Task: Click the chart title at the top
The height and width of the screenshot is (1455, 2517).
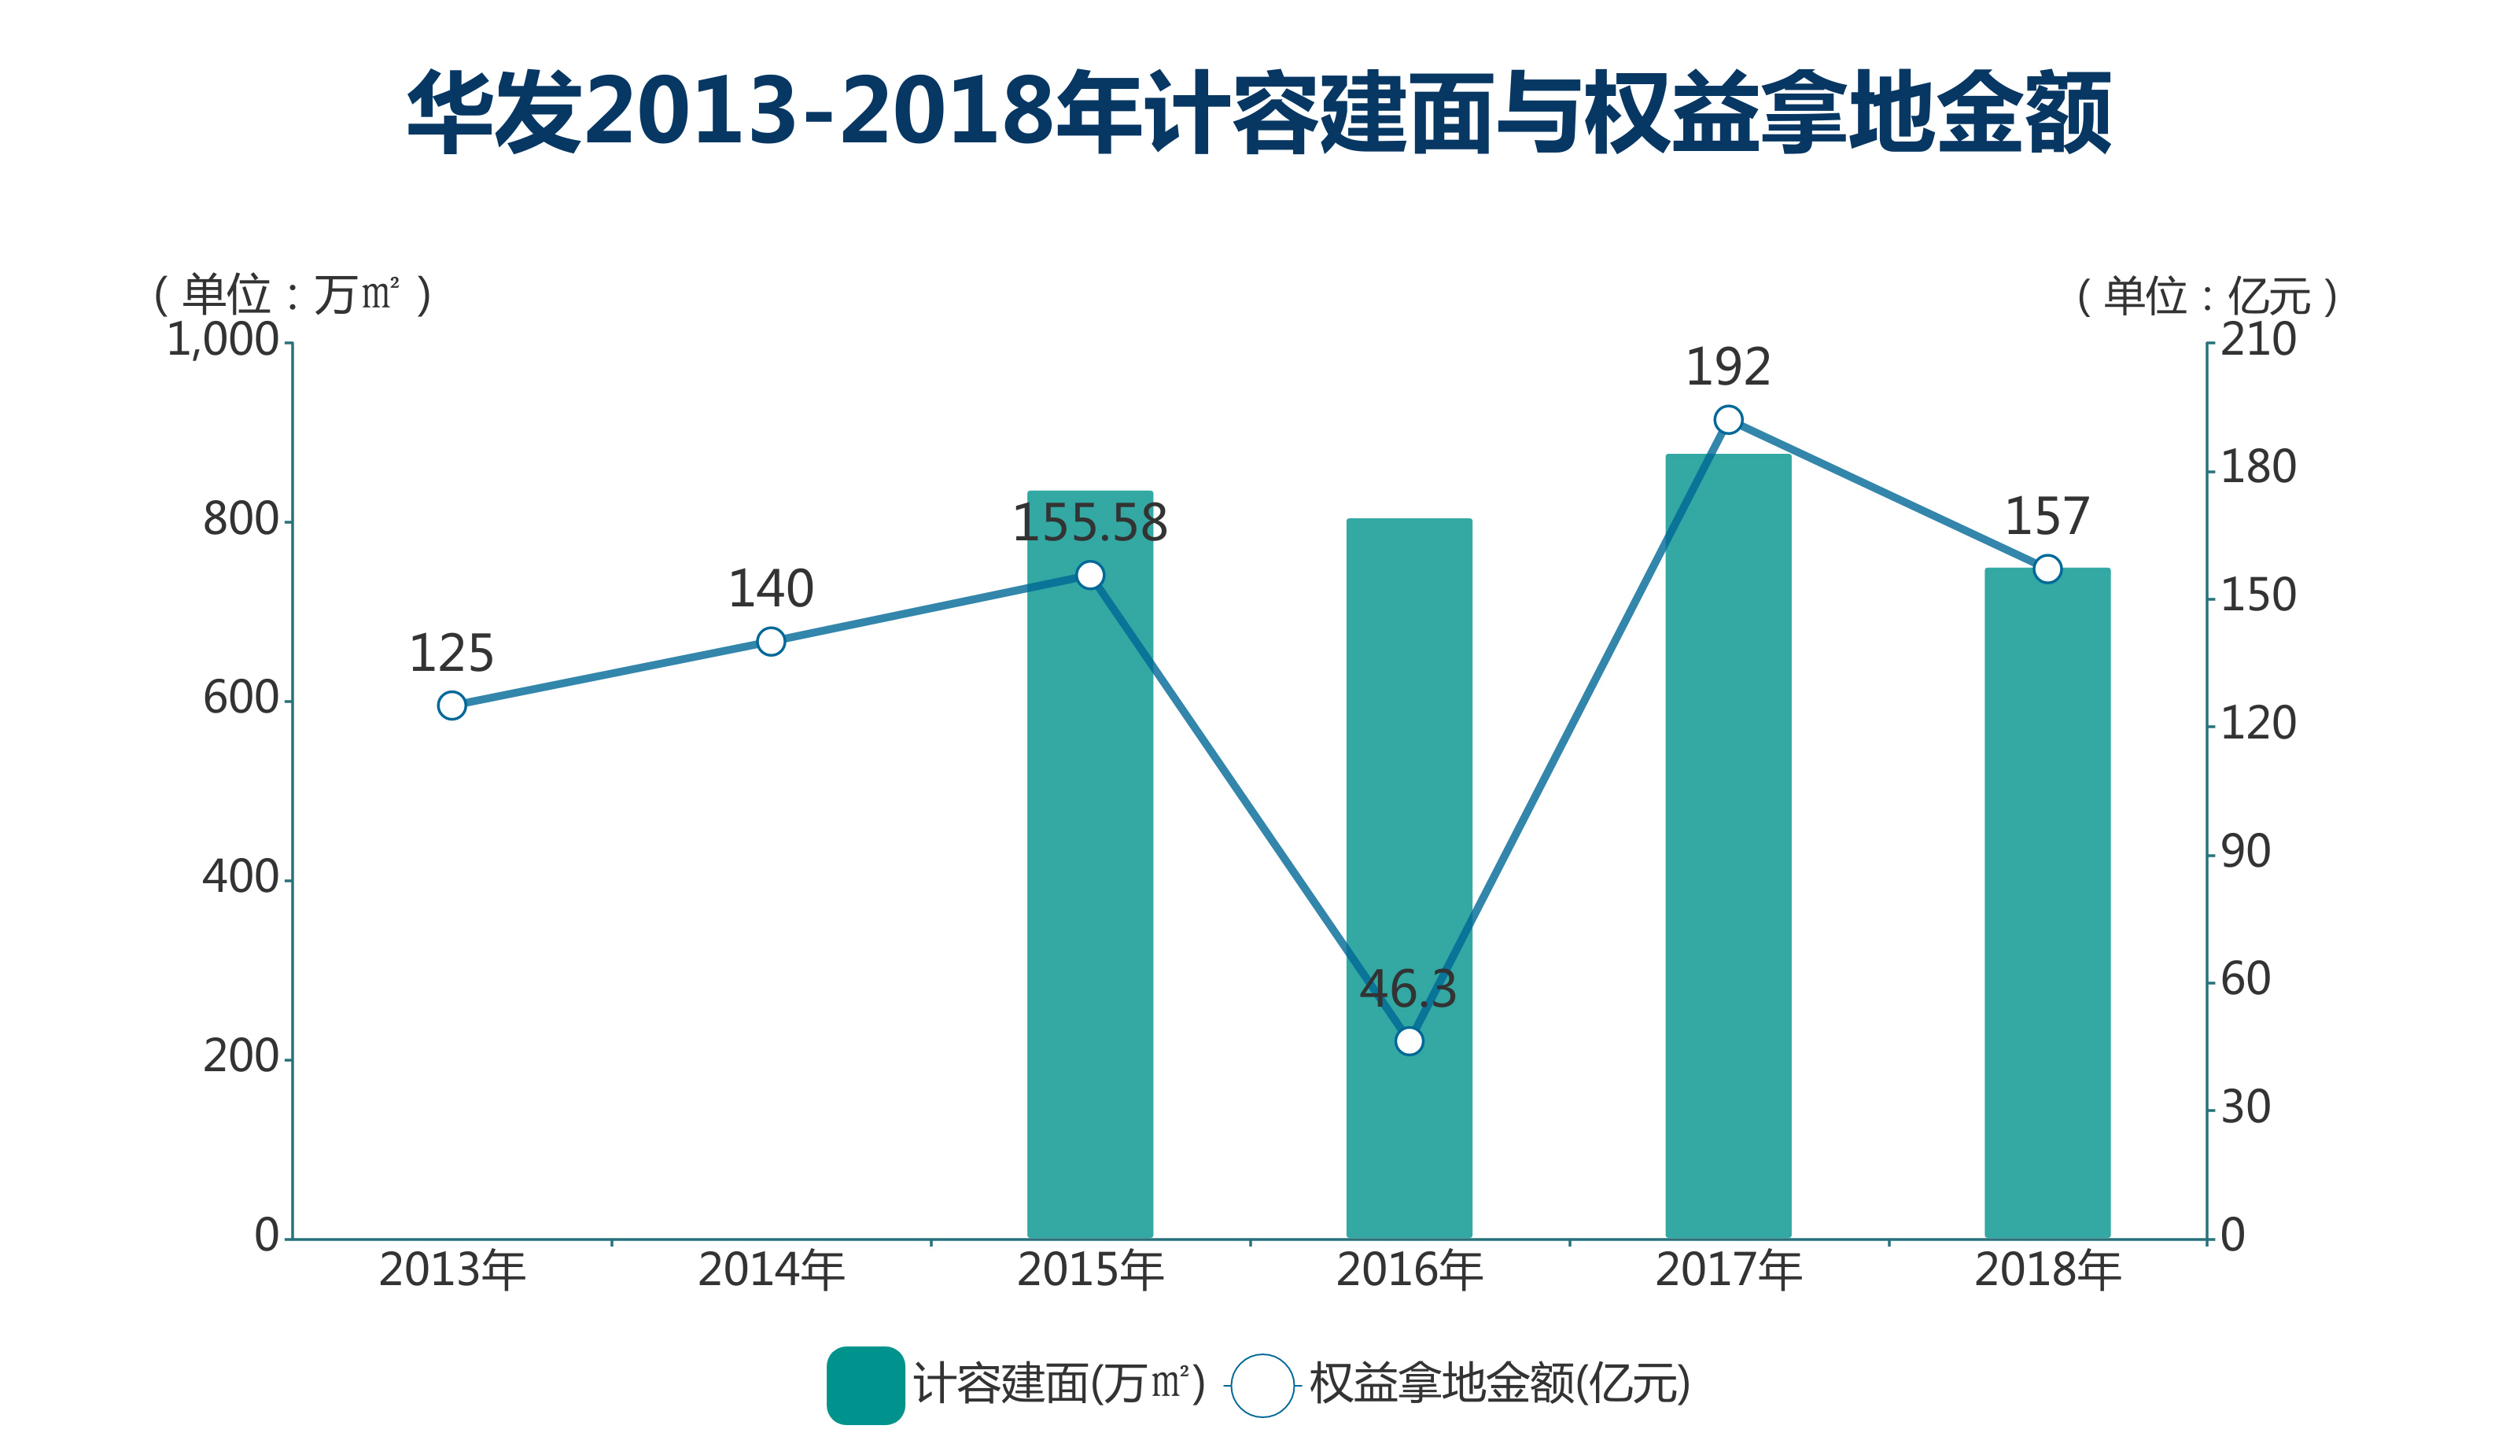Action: [x=1258, y=112]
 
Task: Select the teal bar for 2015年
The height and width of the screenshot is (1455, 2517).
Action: [x=1089, y=899]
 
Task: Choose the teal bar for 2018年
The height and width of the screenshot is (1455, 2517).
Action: [x=2047, y=899]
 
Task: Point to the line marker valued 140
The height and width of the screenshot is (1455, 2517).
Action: [x=771, y=641]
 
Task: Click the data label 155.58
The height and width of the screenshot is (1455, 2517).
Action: [x=1089, y=523]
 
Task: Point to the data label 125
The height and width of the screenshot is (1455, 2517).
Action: [x=451, y=654]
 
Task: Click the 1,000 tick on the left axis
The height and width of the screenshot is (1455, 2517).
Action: [x=222, y=341]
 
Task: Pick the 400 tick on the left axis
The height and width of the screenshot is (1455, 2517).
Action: [x=240, y=878]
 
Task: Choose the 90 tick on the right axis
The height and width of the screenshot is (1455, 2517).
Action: [x=2246, y=852]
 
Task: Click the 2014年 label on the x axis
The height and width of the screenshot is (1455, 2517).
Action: [x=771, y=1270]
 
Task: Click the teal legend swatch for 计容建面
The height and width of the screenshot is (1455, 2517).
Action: [x=865, y=1385]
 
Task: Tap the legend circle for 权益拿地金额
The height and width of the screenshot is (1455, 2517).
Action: [x=1262, y=1385]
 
